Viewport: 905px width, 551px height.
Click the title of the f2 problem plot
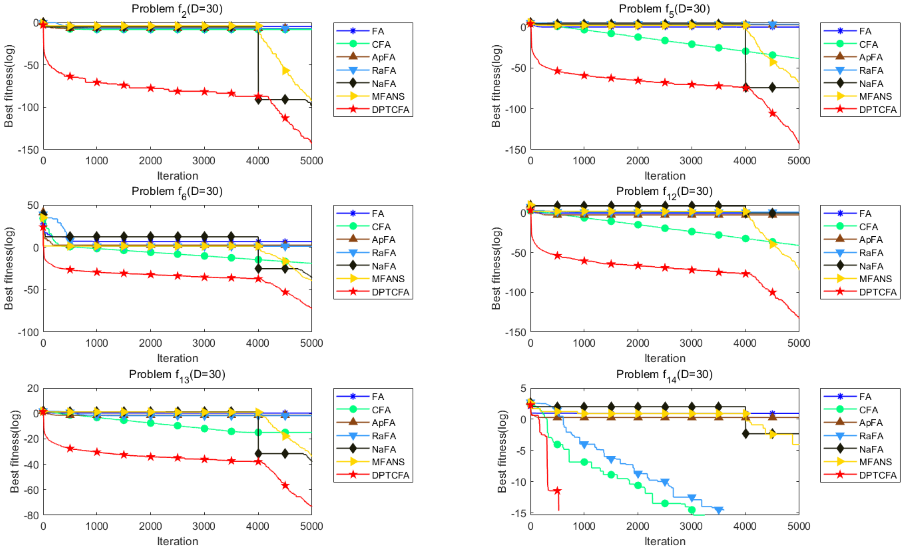[177, 9]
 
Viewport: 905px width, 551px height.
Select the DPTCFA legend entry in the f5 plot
[877, 110]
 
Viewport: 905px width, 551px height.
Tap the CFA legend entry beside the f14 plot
[868, 410]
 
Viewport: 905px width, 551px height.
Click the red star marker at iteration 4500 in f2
[285, 118]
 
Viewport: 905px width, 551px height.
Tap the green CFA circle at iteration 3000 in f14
[692, 510]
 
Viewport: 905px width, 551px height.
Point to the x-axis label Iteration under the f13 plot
[177, 541]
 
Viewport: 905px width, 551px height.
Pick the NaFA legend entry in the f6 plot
[384, 266]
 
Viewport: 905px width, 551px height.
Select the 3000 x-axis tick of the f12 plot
[691, 343]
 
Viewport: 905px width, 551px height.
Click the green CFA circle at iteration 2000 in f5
[638, 37]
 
